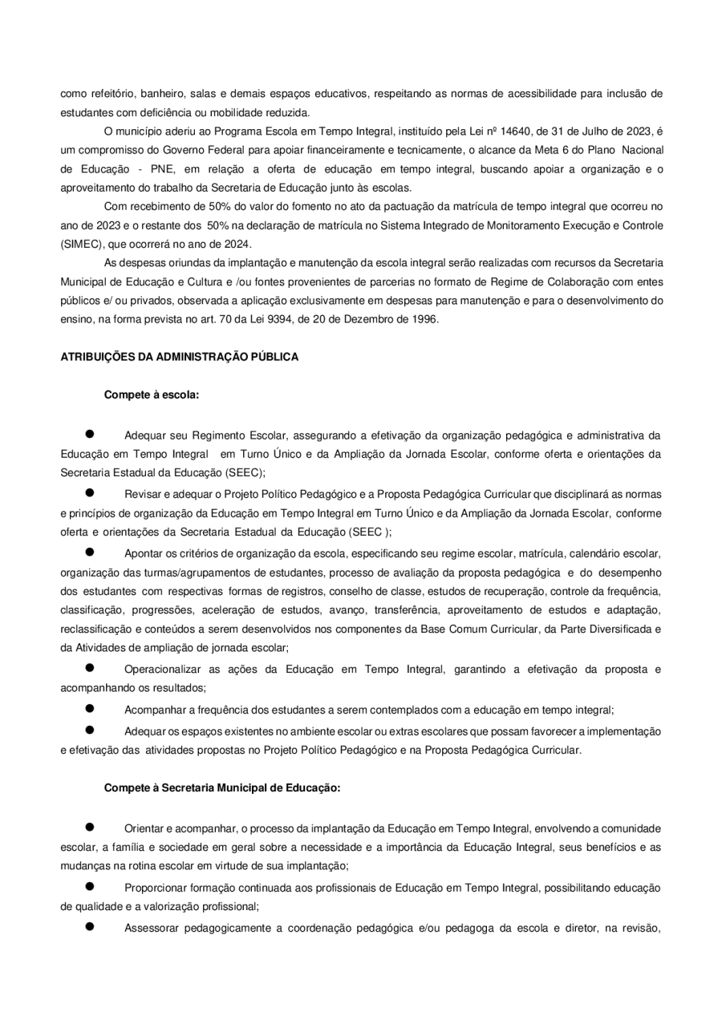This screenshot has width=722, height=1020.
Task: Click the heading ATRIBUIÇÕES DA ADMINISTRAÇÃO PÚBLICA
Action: click(x=180, y=358)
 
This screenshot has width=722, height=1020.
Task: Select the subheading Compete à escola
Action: click(x=152, y=395)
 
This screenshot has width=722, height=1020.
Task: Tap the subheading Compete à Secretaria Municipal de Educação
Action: click(x=222, y=787)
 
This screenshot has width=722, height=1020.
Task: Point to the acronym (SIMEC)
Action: click(x=83, y=244)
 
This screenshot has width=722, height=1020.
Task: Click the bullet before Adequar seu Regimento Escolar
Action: click(x=91, y=434)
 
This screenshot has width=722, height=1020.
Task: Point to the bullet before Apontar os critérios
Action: click(x=91, y=552)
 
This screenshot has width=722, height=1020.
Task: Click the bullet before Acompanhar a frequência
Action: click(x=91, y=708)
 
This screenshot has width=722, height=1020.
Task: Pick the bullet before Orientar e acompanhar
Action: click(x=91, y=826)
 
